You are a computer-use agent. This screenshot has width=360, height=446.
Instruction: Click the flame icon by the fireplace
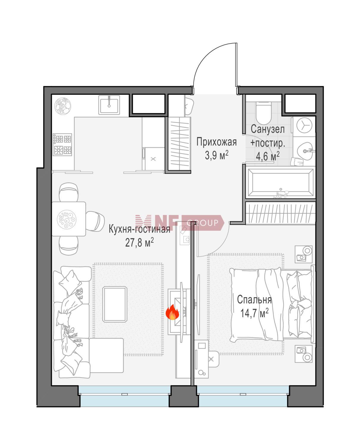coord(172,312)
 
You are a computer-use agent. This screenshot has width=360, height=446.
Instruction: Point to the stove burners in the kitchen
coord(62,145)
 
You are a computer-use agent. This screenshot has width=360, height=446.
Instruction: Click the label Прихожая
coord(216,142)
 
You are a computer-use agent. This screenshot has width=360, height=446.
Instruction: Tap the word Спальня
coord(254,300)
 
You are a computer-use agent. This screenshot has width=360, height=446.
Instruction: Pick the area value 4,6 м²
coord(268,156)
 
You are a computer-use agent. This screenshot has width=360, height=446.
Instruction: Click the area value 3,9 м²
coord(216,156)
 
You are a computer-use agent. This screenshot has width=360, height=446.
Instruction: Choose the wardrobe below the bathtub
coord(280,213)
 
